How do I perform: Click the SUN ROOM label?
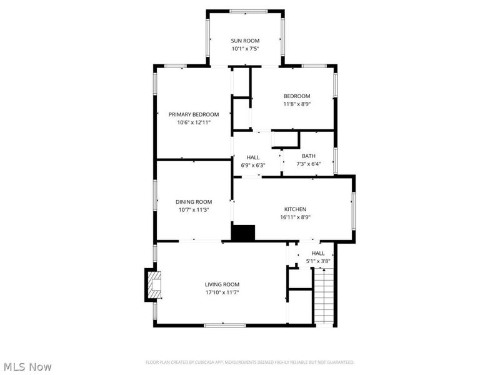click(245, 41)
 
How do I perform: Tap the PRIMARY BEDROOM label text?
click(194, 114)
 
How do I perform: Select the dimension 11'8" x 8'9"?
click(297, 104)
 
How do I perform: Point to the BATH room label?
click(309, 156)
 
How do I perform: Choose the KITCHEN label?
click(295, 209)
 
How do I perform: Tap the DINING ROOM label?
click(194, 202)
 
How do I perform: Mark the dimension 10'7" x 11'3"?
click(194, 210)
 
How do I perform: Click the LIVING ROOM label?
click(222, 284)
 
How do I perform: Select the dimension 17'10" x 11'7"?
click(222, 292)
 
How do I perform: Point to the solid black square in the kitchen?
click(243, 232)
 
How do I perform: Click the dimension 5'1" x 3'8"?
click(318, 261)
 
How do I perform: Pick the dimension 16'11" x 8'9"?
click(295, 217)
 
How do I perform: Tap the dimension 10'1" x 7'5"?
click(245, 49)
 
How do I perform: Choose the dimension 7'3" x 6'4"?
click(309, 164)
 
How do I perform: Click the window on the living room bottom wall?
click(224, 324)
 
